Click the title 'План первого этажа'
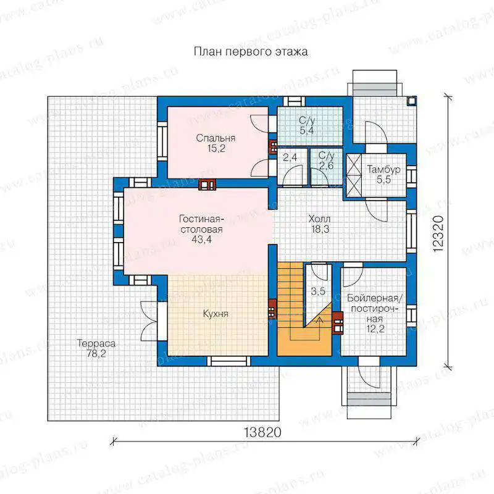[x=251, y=52]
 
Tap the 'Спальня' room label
[x=216, y=138]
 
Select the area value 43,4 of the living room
[x=202, y=240]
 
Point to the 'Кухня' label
[x=216, y=314]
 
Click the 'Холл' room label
[x=319, y=219]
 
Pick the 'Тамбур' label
[x=383, y=169]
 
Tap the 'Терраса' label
[x=96, y=343]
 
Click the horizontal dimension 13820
[x=262, y=433]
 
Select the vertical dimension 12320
[x=438, y=233]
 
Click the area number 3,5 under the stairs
[x=318, y=291]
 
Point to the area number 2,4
[x=290, y=157]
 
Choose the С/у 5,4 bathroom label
[x=307, y=125]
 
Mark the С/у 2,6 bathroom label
[x=326, y=161]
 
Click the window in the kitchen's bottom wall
[x=230, y=361]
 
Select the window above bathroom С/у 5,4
[x=295, y=101]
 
